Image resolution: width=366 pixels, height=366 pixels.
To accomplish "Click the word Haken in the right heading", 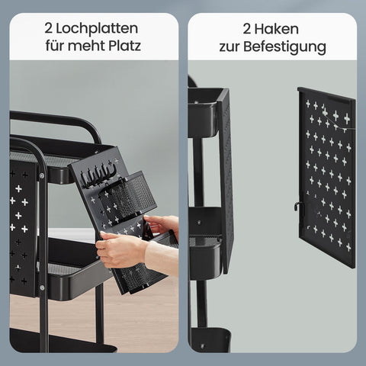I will coord(284,29).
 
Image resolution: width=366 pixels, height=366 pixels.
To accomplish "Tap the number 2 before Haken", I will coord(247,29).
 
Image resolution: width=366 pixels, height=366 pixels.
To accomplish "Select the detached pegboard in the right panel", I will coord(326,175).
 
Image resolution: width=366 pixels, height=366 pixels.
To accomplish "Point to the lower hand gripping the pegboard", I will coord(122,250).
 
